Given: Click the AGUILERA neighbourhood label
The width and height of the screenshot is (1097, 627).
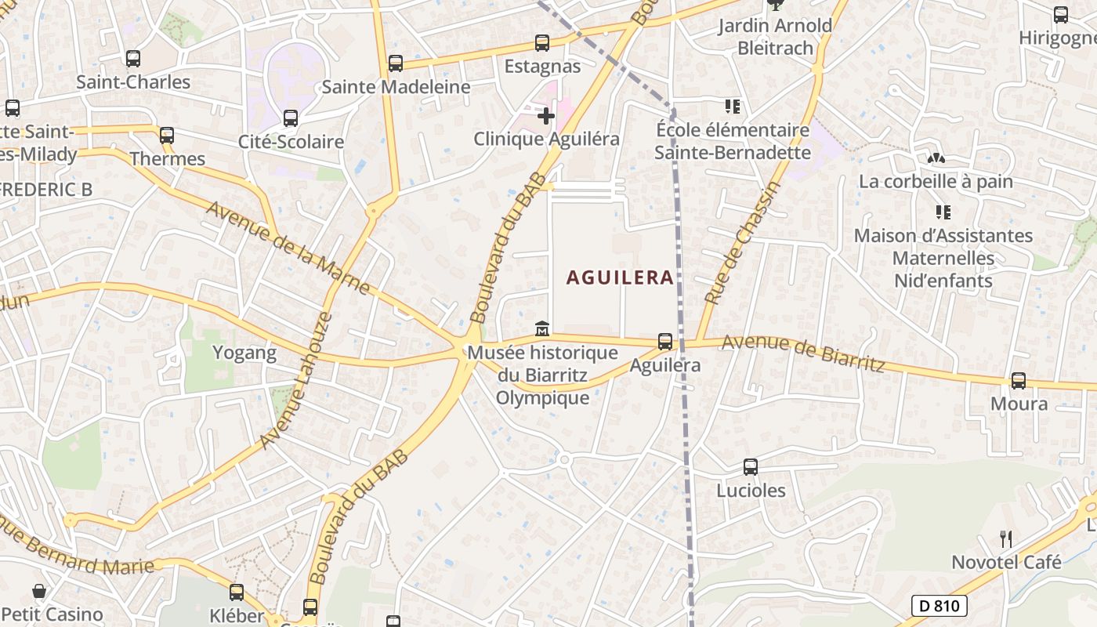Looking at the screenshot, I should (x=620, y=277).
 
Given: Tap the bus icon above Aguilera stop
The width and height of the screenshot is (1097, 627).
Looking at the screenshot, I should (x=665, y=342).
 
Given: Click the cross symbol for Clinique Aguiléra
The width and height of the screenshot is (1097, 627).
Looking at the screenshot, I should (x=546, y=116).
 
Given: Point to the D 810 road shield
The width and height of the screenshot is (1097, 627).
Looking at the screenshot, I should (x=940, y=605).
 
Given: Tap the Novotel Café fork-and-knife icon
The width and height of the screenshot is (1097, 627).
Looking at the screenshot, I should (x=1006, y=538).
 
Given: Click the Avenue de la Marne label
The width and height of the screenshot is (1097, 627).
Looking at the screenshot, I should (x=288, y=248).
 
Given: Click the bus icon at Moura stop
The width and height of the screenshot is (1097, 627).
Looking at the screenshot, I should (x=1019, y=381).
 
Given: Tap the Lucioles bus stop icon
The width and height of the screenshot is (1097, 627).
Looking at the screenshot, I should (x=751, y=467).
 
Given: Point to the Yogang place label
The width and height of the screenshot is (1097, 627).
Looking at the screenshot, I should (x=245, y=353).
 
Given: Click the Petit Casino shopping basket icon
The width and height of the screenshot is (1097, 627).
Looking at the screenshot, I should (x=38, y=591).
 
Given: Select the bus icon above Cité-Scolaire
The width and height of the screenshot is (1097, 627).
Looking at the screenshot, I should (x=291, y=118).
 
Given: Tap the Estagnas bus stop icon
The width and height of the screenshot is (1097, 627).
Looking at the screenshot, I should (x=542, y=43).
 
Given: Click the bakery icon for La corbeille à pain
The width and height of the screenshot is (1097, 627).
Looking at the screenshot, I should (x=936, y=158).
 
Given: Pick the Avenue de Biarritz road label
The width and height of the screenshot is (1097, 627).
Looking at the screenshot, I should (x=803, y=353).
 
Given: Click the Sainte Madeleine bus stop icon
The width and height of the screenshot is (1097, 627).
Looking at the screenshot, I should (x=396, y=63).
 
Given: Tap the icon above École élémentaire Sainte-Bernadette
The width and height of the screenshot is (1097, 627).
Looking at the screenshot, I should (x=732, y=107).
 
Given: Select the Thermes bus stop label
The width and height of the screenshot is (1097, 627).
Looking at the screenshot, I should (x=167, y=159).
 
